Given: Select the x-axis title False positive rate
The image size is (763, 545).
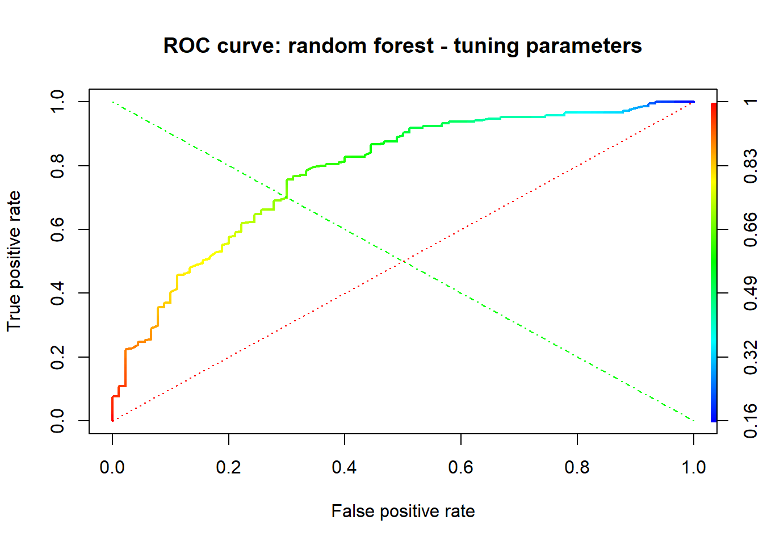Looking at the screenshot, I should pos(403,511).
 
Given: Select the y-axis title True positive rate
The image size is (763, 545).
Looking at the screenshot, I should pos(14,261).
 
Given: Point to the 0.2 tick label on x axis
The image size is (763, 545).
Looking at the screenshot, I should pos(228,467).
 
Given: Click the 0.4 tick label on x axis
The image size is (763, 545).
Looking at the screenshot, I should pos(345,467).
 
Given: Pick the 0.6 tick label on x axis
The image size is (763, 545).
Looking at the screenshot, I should pos(461,467).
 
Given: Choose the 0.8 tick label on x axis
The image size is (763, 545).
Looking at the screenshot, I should pos(577,467).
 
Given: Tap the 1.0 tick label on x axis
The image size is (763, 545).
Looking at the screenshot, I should pos(693,467).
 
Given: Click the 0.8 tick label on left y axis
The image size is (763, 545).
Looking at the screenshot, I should pos(57,165).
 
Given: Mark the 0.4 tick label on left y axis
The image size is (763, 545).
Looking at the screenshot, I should pos(57,293).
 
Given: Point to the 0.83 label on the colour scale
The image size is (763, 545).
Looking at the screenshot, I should pos(750,165).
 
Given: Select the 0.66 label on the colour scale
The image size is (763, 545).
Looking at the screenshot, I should pos(750,229).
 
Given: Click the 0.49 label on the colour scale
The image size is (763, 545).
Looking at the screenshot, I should pos(750,293).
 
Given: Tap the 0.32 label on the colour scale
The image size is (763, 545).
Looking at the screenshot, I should pos(750,357).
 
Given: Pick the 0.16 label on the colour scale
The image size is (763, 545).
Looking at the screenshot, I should pos(750,421).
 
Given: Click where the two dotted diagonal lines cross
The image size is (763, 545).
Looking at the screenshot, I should pos(403,261).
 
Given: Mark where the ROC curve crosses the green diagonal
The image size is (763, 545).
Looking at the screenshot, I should pos(287,197).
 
